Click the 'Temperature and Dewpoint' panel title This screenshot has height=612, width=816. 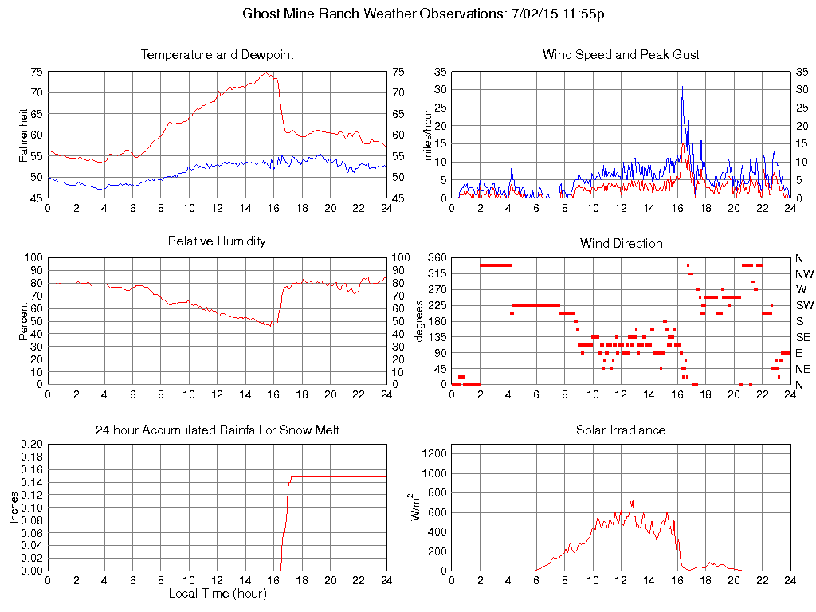coord(217,55)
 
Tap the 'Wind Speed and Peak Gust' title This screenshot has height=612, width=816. coord(621,55)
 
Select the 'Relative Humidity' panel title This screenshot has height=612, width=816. coord(217,241)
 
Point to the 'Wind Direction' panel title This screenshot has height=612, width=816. coord(621,243)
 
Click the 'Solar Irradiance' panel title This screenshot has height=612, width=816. coord(621,430)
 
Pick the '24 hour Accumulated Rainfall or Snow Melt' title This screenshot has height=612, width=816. coord(217,430)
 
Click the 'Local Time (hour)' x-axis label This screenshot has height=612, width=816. coord(217,593)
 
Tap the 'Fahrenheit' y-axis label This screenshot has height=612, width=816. coord(23,135)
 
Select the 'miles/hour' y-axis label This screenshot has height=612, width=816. coord(427,135)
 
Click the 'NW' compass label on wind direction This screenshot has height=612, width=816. coord(802,273)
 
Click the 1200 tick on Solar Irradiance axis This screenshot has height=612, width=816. coord(436,453)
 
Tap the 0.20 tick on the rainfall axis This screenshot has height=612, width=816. coord(33,444)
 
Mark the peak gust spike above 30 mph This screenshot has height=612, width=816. coord(681,87)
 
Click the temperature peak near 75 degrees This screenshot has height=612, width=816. coord(267,73)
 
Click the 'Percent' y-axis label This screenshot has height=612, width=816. coord(23,320)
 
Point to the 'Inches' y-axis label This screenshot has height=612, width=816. coord(14,508)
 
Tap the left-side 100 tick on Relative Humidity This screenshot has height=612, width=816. coord(34,257)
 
